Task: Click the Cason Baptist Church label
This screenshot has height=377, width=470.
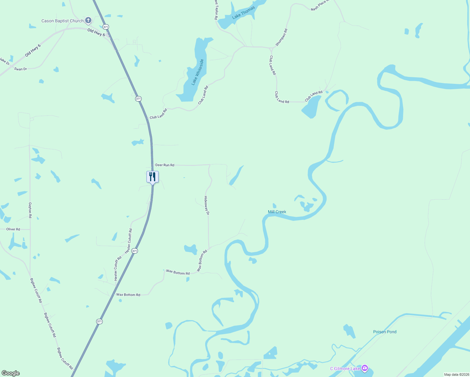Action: coord(63,21)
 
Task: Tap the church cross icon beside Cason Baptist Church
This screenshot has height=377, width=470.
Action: coord(88,20)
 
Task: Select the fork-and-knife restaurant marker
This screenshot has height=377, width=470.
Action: coord(152,177)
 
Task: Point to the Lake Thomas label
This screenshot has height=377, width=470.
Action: coord(243,13)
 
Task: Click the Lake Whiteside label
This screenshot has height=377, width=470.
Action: coord(198,72)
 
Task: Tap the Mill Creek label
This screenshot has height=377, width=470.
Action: coord(277,212)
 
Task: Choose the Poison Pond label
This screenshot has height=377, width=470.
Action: coord(385,332)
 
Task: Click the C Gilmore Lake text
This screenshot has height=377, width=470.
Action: coord(345,369)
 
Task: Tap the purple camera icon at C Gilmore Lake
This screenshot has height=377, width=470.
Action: coord(364,368)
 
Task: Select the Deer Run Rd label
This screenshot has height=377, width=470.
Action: coord(165,165)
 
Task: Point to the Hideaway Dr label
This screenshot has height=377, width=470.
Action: coord(206,205)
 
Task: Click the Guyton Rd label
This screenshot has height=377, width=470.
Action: coord(30,210)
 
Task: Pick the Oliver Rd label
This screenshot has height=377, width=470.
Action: coord(13,229)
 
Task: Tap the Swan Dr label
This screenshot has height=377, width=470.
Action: coord(20,69)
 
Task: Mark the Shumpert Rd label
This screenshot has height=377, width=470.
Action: coord(281,37)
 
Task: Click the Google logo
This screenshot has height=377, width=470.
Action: coord(11,373)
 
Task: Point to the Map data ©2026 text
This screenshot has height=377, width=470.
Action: coord(456,374)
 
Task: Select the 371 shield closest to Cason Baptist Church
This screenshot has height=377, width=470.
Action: coord(106,27)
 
